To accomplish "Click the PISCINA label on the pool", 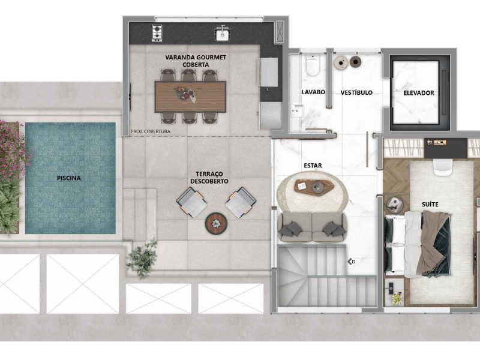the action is coord(69,178).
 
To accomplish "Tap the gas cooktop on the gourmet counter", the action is coord(157,33).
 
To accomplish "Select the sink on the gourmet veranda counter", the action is coord(223,34).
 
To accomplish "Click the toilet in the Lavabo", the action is coord(312,65).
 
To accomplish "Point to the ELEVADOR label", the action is coord(418,93).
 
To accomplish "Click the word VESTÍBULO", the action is coord(356,92).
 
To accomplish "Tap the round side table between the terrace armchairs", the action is coord(216,223).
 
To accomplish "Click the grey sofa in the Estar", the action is coord(312,227).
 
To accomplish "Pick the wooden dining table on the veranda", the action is coord(190,97).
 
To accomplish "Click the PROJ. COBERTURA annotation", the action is coord(151,131).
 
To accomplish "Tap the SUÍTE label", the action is coord(430,204).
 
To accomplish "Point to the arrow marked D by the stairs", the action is coord(351,262).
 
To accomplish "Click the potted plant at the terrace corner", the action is coord(143,259).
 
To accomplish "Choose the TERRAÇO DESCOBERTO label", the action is coord(209,178).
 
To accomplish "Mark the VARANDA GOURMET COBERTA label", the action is coord(196,61).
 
